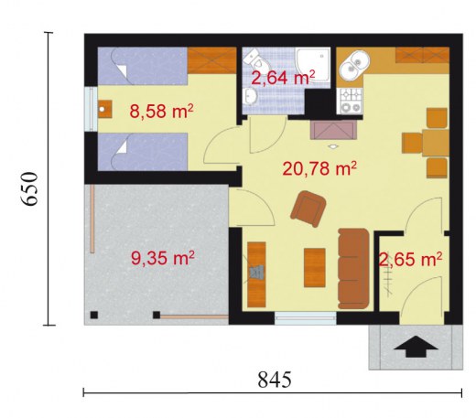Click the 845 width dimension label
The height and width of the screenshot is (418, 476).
coord(275,380)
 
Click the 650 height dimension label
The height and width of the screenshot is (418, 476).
coord(30,188)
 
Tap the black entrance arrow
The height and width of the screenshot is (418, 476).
coord(416,347)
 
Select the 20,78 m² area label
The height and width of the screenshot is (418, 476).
coord(319,168)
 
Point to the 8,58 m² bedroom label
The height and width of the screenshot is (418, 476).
coord(161,111)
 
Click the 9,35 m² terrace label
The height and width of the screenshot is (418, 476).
coord(163,258)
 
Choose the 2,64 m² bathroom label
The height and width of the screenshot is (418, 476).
coord(283,78)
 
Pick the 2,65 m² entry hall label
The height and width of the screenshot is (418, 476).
coord(410,260)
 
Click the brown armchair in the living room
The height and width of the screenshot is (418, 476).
coord(308,209)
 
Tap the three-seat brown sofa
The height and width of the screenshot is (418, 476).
coord(354,269)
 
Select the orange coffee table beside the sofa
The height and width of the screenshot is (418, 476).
coord(315,268)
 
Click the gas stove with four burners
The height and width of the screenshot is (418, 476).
coord(350,101)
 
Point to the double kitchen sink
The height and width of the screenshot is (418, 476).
coord(354,67)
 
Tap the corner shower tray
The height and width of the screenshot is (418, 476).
coord(313,65)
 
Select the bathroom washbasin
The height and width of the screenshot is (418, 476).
coord(250,96)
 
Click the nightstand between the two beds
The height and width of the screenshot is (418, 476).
coord(105,109)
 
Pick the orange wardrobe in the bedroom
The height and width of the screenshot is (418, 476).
coord(212,60)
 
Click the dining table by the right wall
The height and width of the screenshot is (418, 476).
coord(436,143)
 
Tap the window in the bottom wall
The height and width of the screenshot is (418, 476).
coord(305,318)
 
